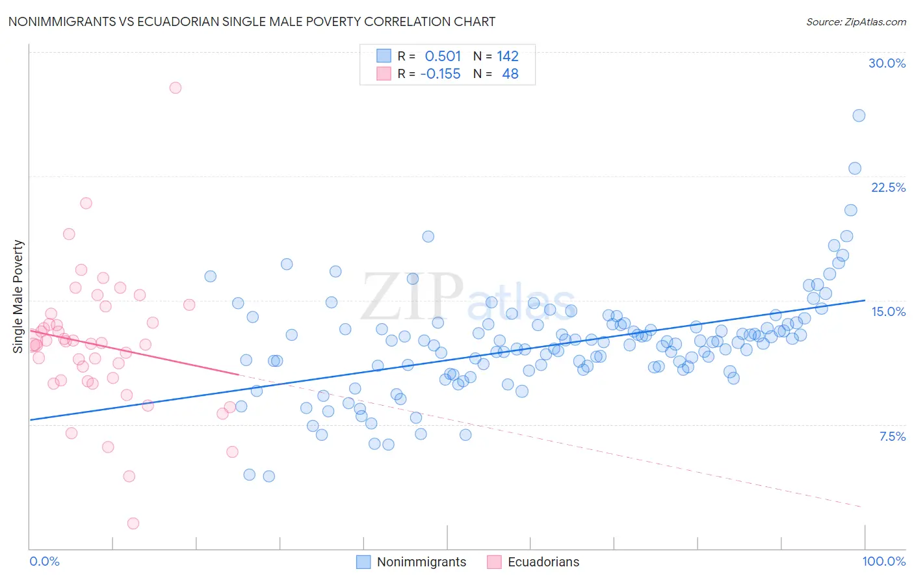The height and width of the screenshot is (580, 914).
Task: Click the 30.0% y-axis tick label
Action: (x=887, y=63)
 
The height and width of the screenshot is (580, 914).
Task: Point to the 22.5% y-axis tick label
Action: (x=888, y=187)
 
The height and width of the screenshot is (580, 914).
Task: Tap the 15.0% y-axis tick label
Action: (x=888, y=311)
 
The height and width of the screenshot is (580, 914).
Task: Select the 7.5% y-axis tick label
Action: (x=892, y=436)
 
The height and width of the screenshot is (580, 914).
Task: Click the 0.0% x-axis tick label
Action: (x=44, y=561)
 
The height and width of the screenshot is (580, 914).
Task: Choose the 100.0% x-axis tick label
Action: (x=883, y=561)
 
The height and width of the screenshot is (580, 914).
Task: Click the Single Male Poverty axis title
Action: (x=18, y=297)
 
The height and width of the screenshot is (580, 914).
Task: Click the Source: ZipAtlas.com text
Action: (x=855, y=21)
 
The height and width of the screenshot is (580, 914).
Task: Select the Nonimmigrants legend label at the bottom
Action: (x=421, y=562)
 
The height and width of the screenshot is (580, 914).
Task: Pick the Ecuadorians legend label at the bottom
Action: (x=543, y=562)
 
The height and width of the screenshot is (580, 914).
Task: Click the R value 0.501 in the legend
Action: (x=443, y=56)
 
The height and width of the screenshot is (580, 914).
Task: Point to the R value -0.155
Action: (x=440, y=73)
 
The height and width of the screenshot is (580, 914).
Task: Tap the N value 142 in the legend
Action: (x=508, y=56)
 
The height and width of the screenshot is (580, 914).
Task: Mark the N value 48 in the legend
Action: (x=510, y=73)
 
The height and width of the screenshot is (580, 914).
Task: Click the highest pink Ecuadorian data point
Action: (x=175, y=88)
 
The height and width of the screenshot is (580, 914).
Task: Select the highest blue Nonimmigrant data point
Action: (x=859, y=116)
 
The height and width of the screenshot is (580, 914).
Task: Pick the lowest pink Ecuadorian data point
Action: (x=133, y=523)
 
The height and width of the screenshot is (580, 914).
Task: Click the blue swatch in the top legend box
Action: (x=384, y=56)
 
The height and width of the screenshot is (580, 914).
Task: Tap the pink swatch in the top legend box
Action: (x=384, y=73)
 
